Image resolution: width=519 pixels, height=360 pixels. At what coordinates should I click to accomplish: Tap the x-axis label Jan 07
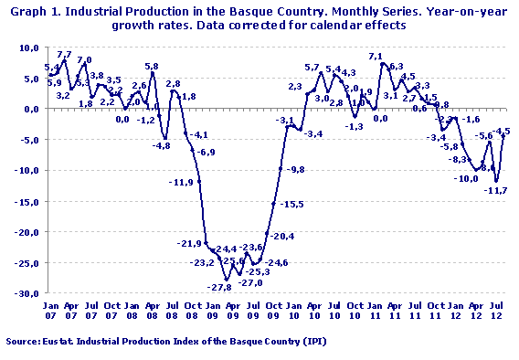(x=51, y=310)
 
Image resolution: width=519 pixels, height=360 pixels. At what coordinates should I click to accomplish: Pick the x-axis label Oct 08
(x=192, y=310)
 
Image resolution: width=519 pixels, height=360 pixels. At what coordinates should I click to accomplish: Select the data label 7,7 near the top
(x=65, y=55)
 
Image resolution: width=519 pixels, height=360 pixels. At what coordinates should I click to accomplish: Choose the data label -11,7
(x=496, y=190)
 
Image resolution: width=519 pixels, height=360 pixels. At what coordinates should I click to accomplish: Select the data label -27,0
(x=250, y=283)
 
